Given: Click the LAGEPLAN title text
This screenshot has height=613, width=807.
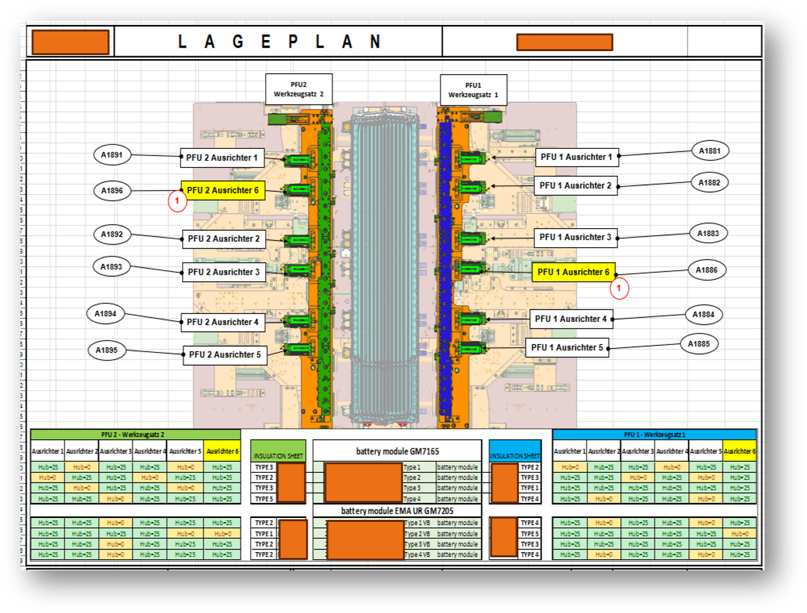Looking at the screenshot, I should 279,42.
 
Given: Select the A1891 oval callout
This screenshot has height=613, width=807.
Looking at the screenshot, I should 112,155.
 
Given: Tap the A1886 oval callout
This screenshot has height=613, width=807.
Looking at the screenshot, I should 707,269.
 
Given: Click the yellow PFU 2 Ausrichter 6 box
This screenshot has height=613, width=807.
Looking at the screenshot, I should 223,191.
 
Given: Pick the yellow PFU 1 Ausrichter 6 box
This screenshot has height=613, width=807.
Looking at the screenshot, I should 573,272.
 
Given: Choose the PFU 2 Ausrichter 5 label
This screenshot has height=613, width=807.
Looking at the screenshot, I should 225,355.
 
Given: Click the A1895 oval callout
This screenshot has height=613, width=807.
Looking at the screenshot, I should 106,350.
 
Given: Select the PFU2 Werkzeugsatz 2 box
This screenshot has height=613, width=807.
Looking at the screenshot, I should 298,89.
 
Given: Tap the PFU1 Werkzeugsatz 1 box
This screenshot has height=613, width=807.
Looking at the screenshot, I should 473,89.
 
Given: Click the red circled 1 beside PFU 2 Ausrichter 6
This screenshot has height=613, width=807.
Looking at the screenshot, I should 177,202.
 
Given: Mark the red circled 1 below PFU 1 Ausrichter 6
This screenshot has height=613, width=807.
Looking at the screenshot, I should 619,288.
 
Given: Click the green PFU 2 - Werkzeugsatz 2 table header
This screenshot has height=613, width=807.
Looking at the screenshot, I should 136,434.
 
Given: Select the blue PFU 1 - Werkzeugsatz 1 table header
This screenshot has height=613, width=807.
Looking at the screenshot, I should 654,434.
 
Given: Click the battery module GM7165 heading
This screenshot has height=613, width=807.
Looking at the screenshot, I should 397,451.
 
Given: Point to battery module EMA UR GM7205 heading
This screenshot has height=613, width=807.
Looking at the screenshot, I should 397,511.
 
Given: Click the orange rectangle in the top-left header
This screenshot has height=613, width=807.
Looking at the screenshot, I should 70,43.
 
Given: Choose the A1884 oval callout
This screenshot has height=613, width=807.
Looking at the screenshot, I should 704,315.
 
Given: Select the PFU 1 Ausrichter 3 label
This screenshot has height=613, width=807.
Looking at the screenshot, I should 574,237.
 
